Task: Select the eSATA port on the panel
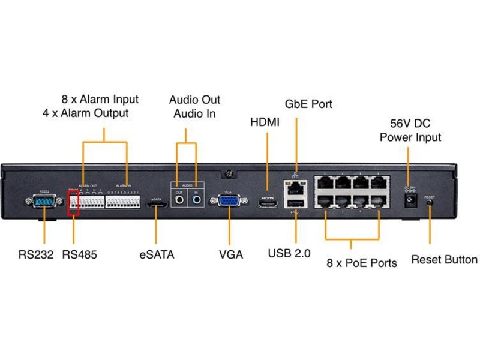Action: pyautogui.click(x=157, y=206)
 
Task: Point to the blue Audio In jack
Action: pyautogui.click(x=196, y=197)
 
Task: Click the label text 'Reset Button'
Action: pyautogui.click(x=444, y=260)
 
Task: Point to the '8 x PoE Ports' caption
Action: pyautogui.click(x=361, y=263)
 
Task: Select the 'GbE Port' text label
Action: pyautogui.click(x=308, y=104)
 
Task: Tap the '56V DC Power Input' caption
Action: pyautogui.click(x=410, y=130)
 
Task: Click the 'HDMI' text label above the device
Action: pyautogui.click(x=265, y=122)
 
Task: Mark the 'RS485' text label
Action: pyautogui.click(x=79, y=254)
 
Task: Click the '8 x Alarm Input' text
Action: pyautogui.click(x=100, y=99)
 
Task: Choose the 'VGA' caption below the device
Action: pyautogui.click(x=231, y=254)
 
